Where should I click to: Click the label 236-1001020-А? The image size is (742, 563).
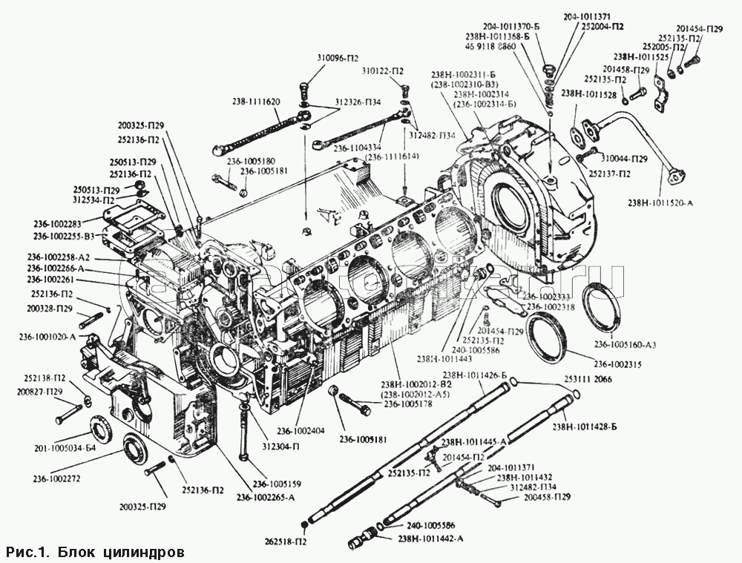47,336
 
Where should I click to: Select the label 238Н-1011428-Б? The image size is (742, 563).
585,427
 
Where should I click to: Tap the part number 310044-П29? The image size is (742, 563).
625,159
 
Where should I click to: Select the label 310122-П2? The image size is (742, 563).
383,71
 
